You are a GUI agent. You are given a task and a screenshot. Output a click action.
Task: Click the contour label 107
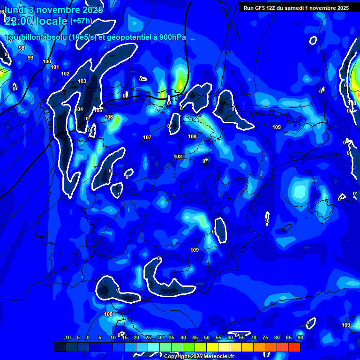coord(147,137)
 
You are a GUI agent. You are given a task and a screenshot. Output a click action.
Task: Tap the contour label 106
coord(109,117)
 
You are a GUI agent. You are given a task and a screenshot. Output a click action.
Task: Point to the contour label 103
coord(82,81)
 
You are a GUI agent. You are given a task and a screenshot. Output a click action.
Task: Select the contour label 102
coord(65,74)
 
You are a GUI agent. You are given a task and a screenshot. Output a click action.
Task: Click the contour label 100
coord(47,61)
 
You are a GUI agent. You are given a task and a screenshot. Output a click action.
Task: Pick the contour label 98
coord(22,48)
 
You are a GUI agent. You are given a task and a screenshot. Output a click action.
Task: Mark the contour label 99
coord(30,58)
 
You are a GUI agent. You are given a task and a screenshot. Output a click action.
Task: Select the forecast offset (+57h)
coord(81,21)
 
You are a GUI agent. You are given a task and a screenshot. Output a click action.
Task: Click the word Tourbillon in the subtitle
coord(23,37)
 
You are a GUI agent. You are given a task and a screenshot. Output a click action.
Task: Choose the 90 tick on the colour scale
coord(300,337)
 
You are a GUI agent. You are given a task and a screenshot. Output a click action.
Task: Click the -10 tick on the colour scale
coord(67,337)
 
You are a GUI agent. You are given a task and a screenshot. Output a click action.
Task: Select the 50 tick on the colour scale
coord(207,337)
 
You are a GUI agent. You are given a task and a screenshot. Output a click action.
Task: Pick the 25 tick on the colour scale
coord(148,337)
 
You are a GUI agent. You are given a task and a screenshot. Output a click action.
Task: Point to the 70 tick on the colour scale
coord(254,337)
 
